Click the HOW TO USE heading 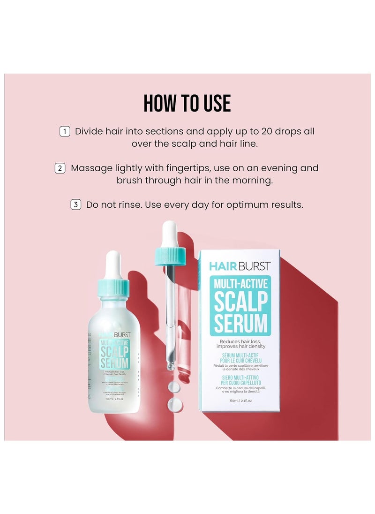[187, 104]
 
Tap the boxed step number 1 [65, 132]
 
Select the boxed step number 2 [60, 168]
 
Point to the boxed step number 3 [75, 204]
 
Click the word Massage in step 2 [92, 168]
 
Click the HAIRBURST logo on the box [240, 266]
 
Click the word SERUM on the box [240, 323]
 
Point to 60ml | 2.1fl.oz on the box [239, 400]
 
